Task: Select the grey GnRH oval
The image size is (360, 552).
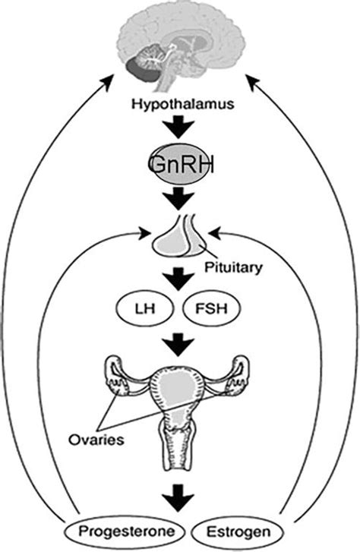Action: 179,163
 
